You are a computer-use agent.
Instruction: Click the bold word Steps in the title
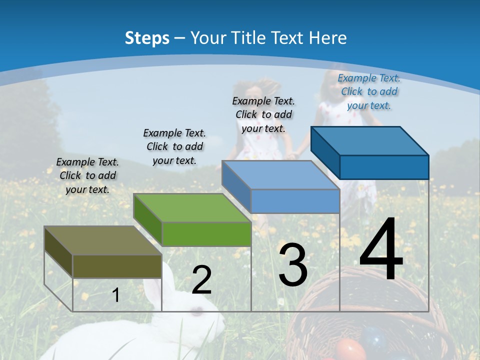146,38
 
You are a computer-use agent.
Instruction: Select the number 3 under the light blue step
293,265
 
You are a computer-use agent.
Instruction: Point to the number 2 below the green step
201,280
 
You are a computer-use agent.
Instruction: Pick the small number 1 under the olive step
115,295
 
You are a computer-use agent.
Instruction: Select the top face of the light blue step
280,175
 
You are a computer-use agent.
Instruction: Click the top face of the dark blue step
369,140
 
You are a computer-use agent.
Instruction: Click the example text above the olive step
87,175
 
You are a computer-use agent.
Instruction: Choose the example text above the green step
174,146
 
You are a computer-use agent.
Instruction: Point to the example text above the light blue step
263,114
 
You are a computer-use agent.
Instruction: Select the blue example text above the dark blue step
369,91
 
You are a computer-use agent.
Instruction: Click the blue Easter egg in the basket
374,337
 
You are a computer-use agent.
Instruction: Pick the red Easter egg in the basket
350,349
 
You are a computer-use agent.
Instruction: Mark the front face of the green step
206,234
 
